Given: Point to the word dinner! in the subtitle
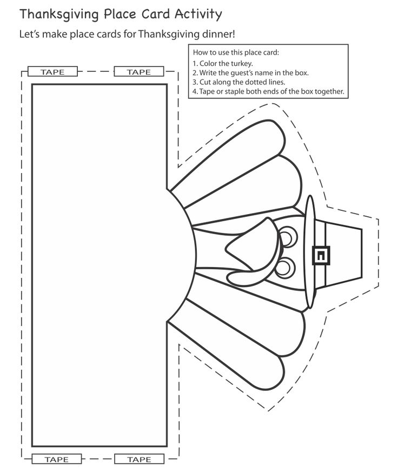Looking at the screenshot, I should pos(218,34).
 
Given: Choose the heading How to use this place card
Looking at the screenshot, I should pos(236,52).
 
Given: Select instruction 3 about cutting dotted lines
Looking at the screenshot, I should pos(238,82).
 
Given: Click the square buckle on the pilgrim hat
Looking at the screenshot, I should pos(321,255).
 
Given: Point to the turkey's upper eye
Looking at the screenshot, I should pos(288,236).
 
